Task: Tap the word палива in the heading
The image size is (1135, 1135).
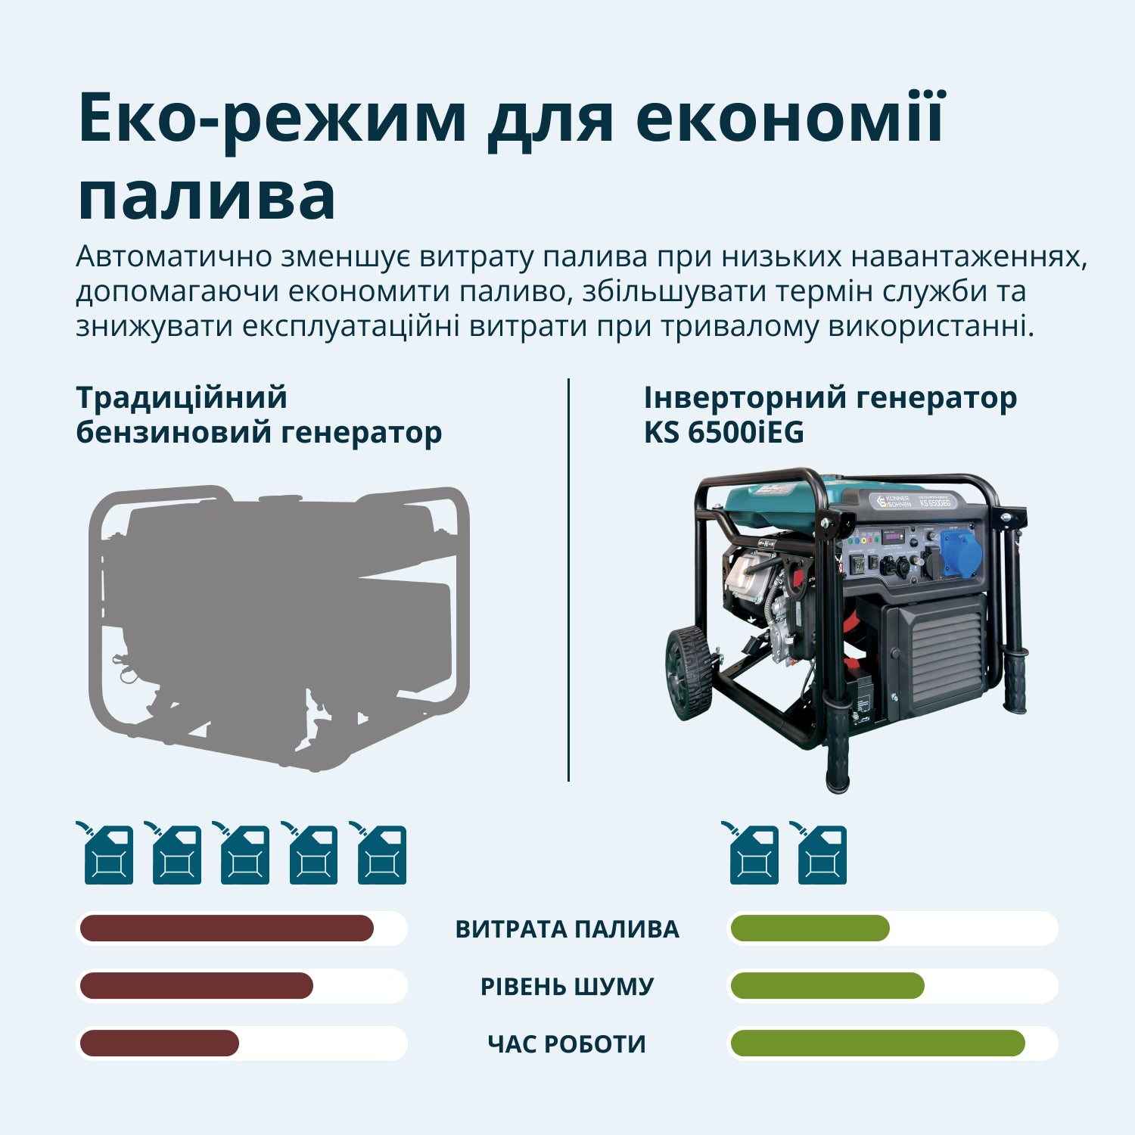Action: (x=207, y=197)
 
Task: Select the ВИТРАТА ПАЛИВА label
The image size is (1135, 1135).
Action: (x=567, y=929)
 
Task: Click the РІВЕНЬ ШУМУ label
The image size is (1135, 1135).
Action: (x=567, y=987)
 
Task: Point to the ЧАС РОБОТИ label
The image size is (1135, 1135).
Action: (x=567, y=1044)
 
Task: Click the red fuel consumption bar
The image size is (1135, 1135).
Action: (x=226, y=928)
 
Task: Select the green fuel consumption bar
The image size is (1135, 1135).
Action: (x=810, y=928)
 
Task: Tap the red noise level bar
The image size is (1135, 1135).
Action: (x=196, y=986)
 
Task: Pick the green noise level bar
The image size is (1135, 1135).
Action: (x=827, y=986)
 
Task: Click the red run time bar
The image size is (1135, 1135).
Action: (x=159, y=1043)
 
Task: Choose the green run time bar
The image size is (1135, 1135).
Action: (x=877, y=1043)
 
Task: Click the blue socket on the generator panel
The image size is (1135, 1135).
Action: (x=960, y=553)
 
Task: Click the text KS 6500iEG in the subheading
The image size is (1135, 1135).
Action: (x=723, y=433)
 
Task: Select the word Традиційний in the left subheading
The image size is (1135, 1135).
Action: (x=182, y=398)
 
